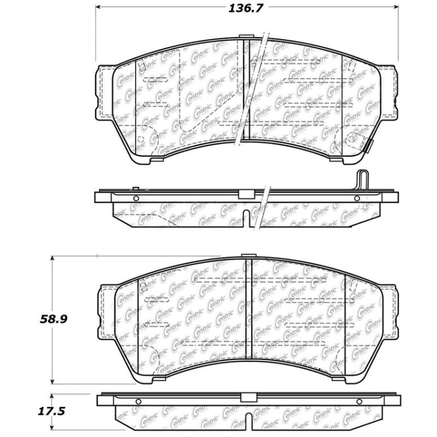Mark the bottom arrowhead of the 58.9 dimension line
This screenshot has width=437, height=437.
(x=52, y=382)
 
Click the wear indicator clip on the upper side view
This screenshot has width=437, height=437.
(x=363, y=180)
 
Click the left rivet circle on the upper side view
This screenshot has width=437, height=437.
(x=137, y=198)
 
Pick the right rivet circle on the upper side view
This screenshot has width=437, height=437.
(x=357, y=198)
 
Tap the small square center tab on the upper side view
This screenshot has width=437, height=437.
(x=245, y=193)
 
